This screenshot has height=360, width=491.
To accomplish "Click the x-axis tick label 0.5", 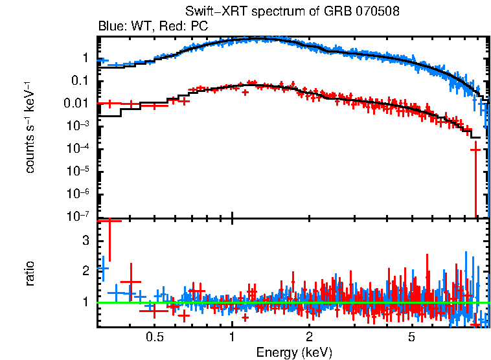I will (154, 337).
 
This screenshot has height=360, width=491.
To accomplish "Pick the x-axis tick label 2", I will (310, 337).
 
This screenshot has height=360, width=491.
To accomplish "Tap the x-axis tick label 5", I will (412, 337).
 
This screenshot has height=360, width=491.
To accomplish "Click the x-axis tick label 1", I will (232, 337).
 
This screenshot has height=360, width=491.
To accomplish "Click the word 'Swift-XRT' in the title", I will (210, 12).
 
